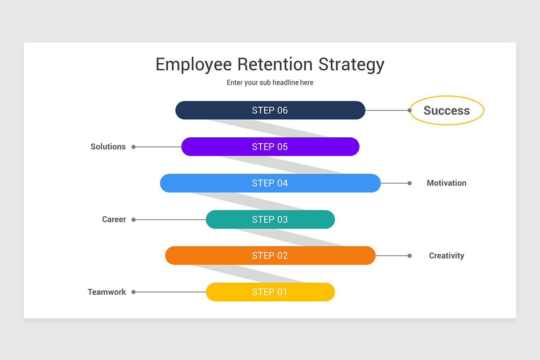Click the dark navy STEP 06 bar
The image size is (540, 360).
click(x=270, y=110)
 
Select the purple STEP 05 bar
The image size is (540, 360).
click(x=270, y=147)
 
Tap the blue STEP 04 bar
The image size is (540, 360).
click(x=270, y=183)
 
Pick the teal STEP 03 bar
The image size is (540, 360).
click(x=270, y=220)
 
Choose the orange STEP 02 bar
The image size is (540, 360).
click(x=270, y=256)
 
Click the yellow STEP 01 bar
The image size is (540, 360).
click(x=270, y=292)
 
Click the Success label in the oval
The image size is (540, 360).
click(x=447, y=110)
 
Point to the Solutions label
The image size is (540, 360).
click(x=108, y=147)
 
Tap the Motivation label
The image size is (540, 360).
click(x=446, y=183)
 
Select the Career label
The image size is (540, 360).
click(x=114, y=220)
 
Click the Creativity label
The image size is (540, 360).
click(x=446, y=256)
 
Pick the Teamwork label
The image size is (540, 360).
click(x=107, y=292)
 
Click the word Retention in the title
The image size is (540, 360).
click(x=275, y=64)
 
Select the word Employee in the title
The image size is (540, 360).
click(x=193, y=65)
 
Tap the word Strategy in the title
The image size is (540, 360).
click(x=351, y=65)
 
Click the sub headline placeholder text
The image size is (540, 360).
click(x=270, y=83)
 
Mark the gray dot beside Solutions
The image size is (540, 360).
click(x=133, y=147)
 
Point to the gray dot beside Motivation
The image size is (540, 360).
click(x=409, y=183)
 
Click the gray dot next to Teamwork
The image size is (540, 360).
click(x=133, y=292)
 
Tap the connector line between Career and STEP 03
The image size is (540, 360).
click(x=171, y=220)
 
